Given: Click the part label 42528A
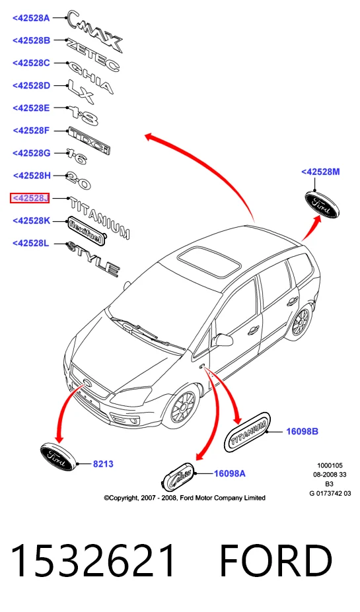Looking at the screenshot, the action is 31,18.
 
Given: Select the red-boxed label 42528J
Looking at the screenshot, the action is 30,198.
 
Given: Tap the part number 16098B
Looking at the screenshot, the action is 303,431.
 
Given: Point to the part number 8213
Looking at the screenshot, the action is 103,463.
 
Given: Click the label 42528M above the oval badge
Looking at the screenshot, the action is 320,172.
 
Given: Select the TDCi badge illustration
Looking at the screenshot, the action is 89,140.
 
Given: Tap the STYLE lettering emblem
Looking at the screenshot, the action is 93,259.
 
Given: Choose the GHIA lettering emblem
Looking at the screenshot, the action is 90,77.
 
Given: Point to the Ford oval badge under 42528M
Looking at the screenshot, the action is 322,205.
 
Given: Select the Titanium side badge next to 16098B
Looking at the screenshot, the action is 248,432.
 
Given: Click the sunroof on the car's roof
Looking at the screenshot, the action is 209,261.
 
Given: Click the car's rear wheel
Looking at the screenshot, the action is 301,320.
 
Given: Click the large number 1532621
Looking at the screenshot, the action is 93,561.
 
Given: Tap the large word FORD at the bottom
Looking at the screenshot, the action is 275,561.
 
